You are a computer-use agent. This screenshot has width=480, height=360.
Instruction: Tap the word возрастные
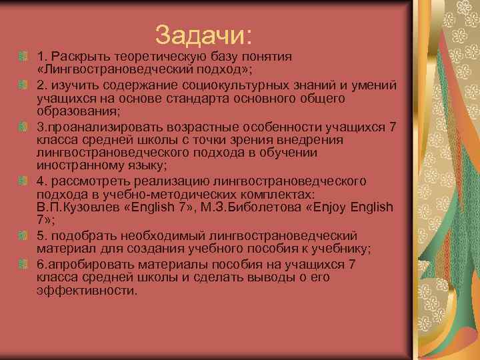194,127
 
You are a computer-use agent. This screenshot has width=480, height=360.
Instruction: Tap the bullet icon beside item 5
25,236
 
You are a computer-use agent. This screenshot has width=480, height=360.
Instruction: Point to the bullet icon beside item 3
25,127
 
